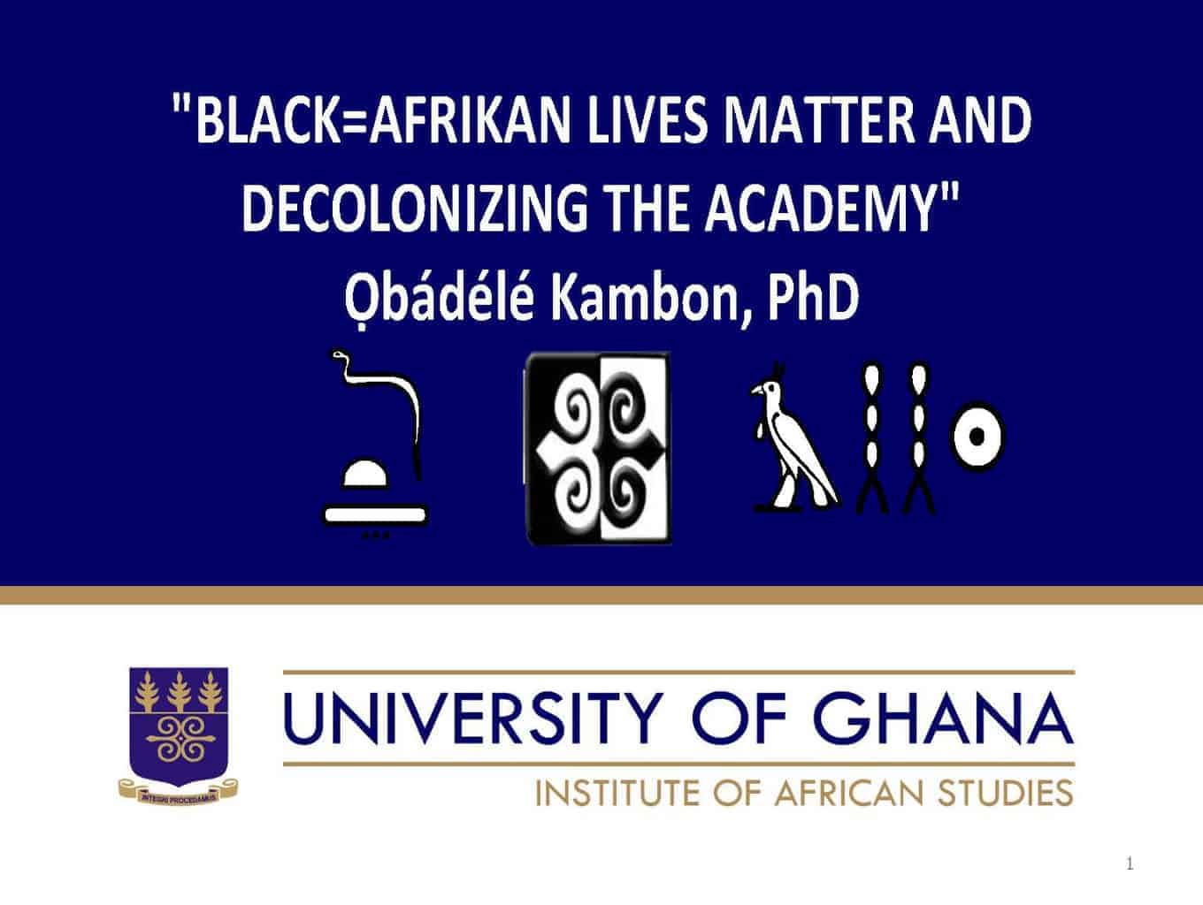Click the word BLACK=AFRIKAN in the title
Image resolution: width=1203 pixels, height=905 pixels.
[x=384, y=120]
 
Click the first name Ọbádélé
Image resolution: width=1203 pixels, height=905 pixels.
[x=439, y=299]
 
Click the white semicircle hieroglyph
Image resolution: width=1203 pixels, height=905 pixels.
[x=364, y=474]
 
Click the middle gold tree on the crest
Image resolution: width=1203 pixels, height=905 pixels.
[x=179, y=691]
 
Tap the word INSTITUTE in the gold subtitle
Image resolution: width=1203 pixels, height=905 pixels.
[x=617, y=794]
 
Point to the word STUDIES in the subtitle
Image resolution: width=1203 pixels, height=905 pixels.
[x=1005, y=794]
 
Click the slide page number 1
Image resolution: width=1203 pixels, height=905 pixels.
[x=1129, y=864]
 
